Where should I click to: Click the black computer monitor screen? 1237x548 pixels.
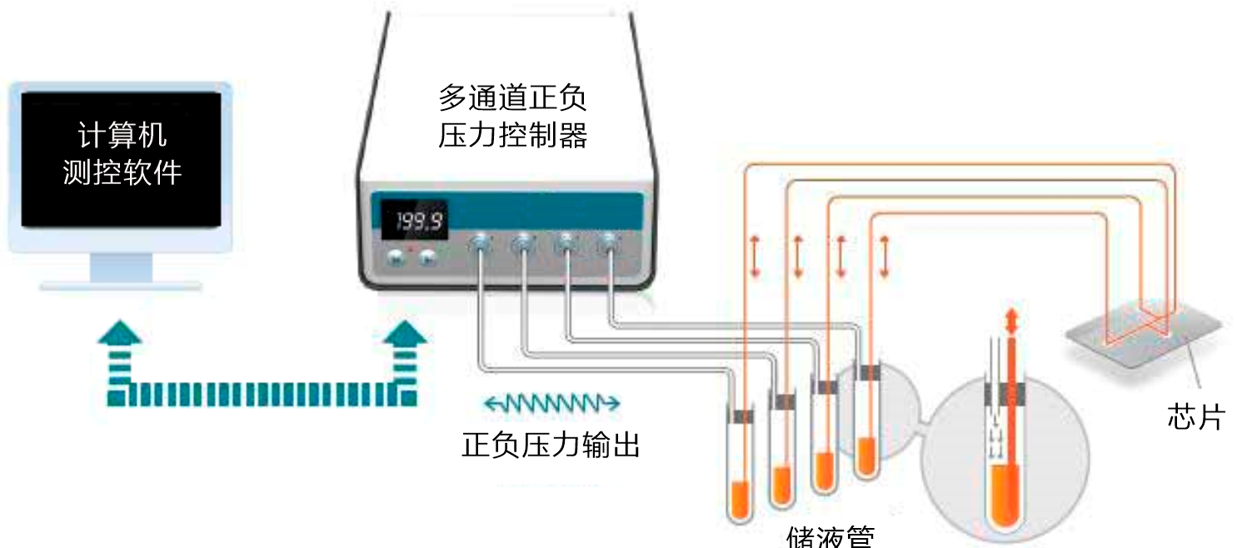pos(121,158)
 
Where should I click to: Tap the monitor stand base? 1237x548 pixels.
pos(121,286)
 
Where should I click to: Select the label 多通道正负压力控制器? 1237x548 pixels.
pos(512,117)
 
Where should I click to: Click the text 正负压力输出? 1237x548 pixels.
pos(551,445)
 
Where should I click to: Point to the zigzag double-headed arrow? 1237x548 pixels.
pos(551,404)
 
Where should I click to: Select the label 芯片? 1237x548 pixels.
pos(1195,417)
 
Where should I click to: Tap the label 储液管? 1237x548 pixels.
pos(829,536)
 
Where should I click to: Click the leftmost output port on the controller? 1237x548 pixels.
pos(480,244)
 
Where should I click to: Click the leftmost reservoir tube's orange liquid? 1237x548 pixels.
pos(738,500)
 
